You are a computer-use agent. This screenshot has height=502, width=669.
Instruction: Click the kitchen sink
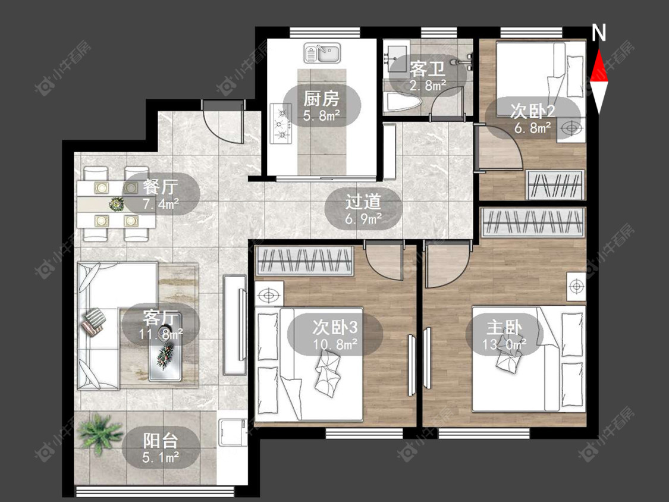322,54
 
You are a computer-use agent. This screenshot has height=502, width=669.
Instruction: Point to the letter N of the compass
599,33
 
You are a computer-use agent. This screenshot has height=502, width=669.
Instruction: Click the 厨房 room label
321,99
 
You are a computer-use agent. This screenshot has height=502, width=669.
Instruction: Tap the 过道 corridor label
363,202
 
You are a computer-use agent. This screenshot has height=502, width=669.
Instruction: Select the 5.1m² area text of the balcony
161,458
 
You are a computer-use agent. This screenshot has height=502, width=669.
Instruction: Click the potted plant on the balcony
100,431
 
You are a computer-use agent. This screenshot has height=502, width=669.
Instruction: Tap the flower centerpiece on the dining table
116,204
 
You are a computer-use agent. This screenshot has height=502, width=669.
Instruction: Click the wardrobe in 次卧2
555,185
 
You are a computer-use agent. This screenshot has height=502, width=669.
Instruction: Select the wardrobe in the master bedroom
533,222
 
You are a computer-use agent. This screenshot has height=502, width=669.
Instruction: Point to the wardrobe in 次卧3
304,261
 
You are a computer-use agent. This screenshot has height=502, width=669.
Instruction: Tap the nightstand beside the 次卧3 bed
269,294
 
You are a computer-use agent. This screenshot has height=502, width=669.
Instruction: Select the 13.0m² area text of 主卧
504,344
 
